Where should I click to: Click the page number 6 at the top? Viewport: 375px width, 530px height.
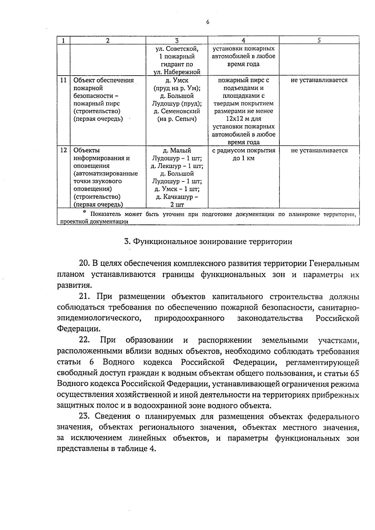coord(207,22)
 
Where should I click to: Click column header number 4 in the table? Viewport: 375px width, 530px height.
coord(243,40)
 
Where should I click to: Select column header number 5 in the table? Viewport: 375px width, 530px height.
coord(319,40)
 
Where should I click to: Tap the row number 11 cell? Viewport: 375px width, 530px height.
coord(63,80)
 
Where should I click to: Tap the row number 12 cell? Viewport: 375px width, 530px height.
coord(63,151)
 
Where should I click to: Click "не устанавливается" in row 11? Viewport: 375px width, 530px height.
coord(319,80)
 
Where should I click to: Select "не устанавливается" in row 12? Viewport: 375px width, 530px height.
coord(319,151)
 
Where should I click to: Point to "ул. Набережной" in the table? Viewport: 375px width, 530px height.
coord(177,72)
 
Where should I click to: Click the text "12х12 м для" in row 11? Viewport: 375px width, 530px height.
coord(243,119)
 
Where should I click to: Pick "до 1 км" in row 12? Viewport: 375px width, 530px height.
coord(243,158)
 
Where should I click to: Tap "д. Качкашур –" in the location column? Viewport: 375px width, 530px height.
coord(177,197)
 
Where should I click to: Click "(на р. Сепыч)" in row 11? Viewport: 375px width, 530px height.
coord(177,119)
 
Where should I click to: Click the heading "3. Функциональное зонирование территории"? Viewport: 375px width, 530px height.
coord(208,242)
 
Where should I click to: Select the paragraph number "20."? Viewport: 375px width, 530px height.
coord(84,263)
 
